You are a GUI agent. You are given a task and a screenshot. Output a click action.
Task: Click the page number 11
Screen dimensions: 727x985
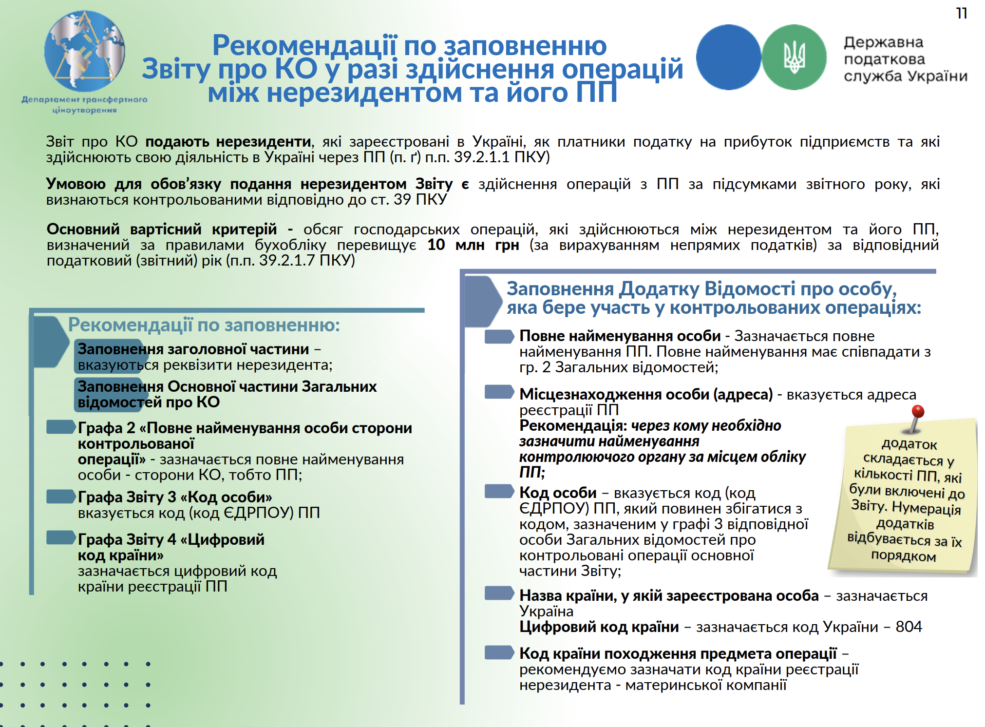click(961, 13)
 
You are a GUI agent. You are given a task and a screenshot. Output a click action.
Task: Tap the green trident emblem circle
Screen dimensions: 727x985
click(794, 57)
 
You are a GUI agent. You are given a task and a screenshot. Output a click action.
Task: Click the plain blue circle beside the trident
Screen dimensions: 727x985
click(728, 57)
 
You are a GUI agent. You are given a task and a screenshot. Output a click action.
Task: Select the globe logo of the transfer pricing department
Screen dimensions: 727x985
click(85, 51)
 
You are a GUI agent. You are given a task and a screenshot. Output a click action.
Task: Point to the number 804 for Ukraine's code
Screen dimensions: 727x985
click(909, 627)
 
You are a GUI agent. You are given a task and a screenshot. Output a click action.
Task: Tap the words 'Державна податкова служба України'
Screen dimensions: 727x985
click(905, 59)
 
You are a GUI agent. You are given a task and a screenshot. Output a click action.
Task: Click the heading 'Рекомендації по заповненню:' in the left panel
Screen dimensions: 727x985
click(204, 325)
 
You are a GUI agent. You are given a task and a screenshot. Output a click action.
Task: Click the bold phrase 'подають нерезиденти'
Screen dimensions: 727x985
click(228, 142)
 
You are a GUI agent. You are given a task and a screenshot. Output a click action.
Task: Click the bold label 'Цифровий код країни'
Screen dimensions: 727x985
click(599, 627)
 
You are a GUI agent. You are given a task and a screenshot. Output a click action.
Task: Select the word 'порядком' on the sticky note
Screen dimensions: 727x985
click(903, 556)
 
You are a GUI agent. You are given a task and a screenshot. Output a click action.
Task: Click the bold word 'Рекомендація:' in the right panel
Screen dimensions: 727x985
click(573, 425)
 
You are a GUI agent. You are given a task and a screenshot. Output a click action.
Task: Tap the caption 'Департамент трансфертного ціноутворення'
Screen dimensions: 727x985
click(84, 105)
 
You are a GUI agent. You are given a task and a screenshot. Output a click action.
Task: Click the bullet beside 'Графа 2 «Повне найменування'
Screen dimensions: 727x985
click(61, 427)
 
